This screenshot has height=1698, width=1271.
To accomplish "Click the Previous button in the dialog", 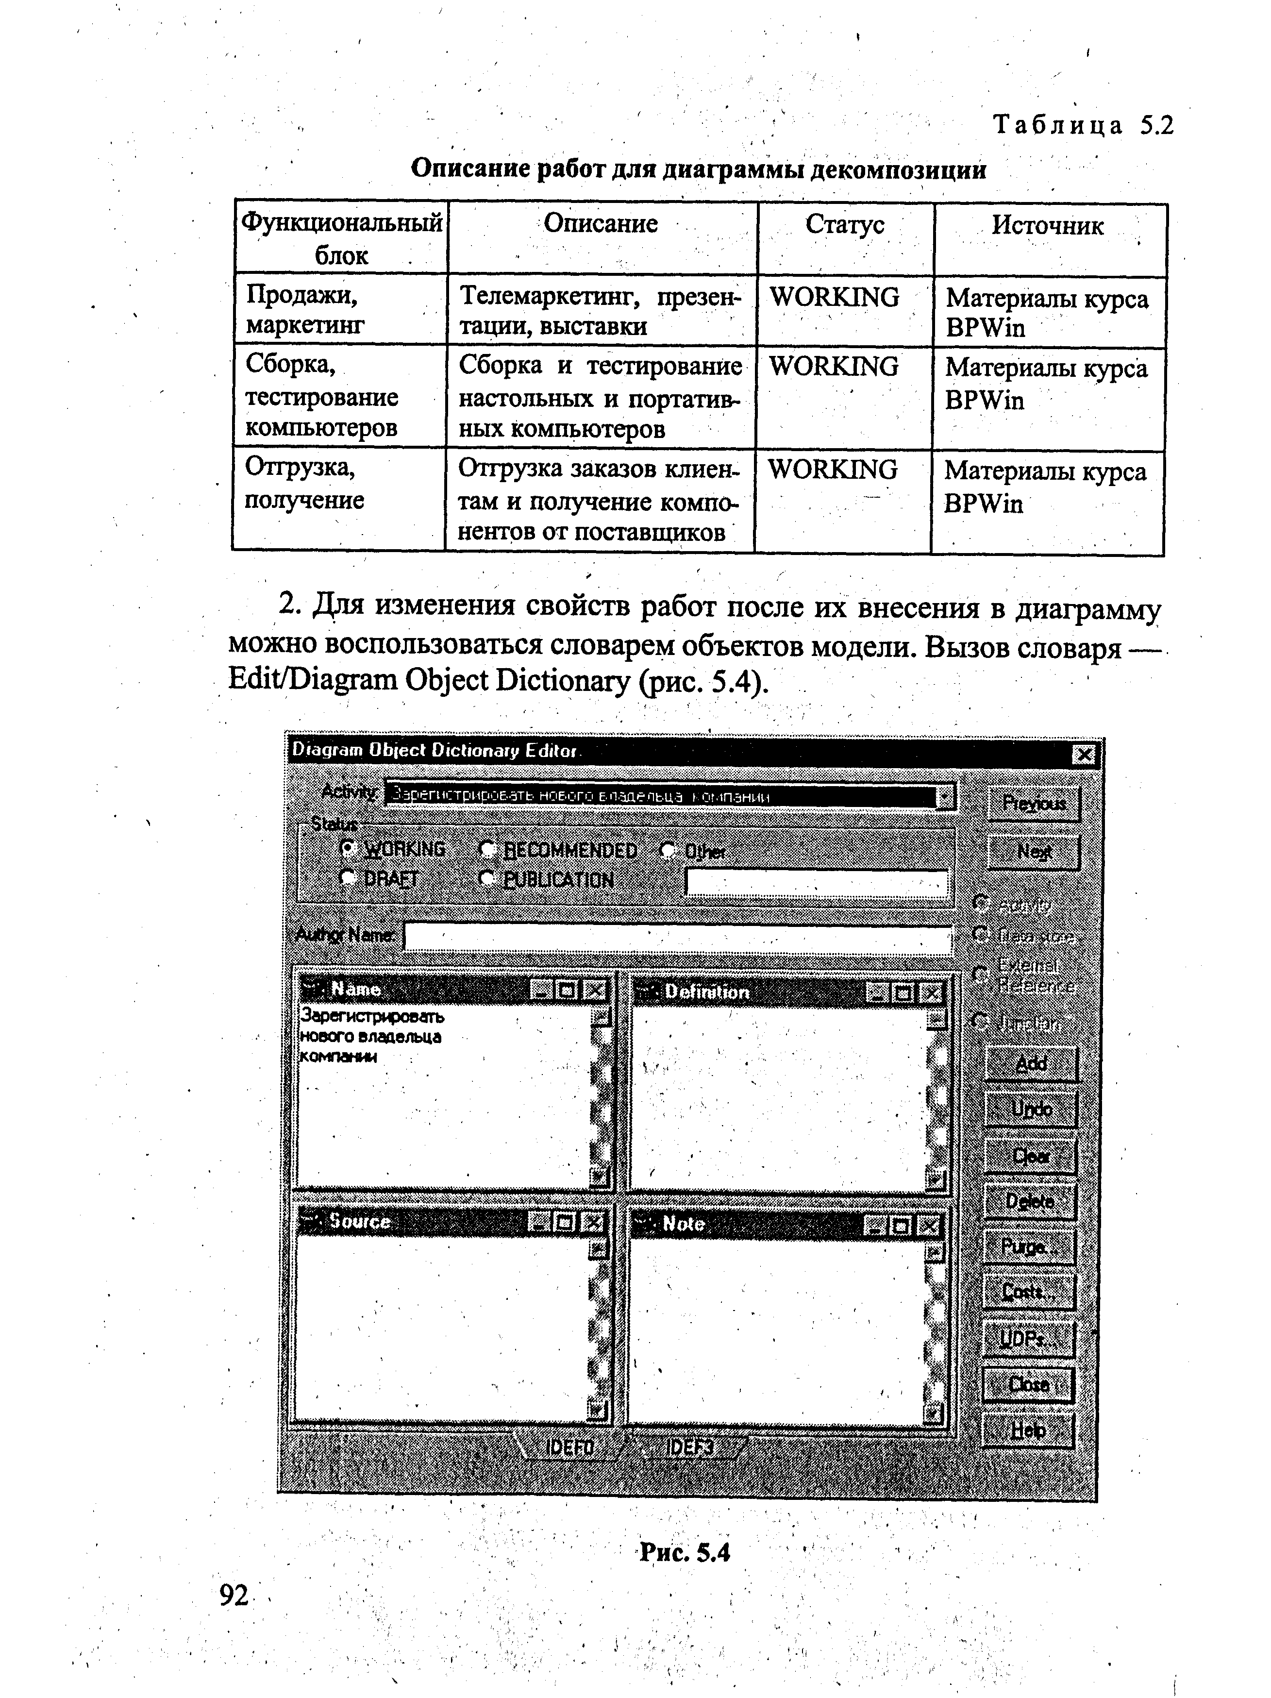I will point(1033,804).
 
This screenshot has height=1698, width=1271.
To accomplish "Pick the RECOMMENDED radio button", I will point(486,849).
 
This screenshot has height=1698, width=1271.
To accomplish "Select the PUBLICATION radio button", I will point(486,878).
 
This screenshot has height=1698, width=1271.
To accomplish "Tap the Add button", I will point(1031,1064).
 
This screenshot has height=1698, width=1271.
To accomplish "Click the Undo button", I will point(1031,1109).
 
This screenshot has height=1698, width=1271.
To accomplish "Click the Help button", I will point(1028,1429).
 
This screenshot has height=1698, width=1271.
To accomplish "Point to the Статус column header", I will point(844,224).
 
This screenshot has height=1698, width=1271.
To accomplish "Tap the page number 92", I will point(234,1595).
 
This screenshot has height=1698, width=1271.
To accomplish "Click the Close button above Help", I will point(1028,1384).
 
